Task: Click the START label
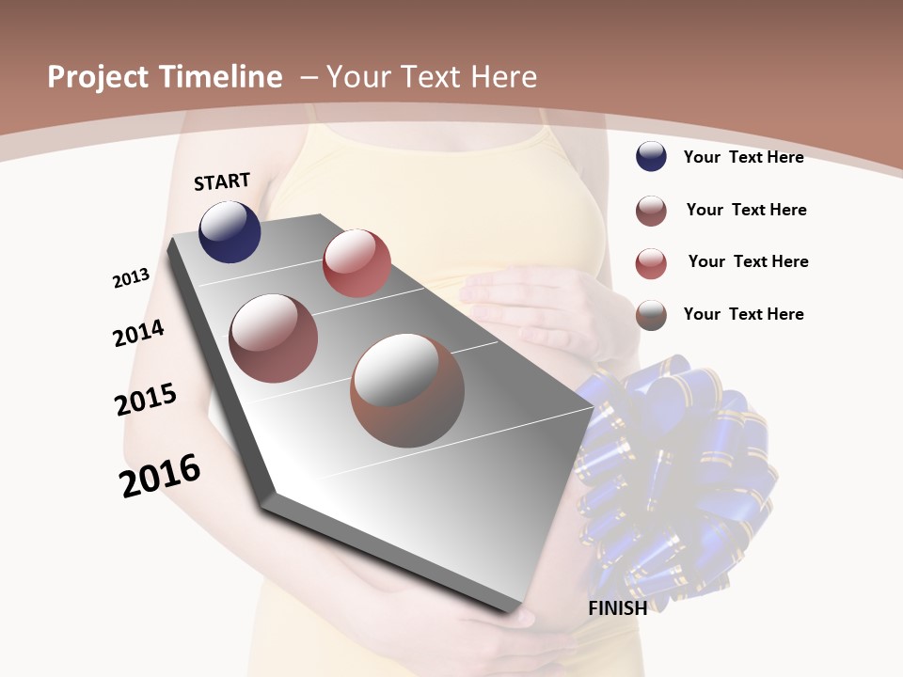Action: (222, 181)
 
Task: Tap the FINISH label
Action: (617, 608)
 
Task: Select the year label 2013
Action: (131, 278)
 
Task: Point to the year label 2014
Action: (138, 333)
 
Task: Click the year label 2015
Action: (146, 400)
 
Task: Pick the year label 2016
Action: (160, 476)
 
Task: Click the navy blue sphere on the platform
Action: (230, 232)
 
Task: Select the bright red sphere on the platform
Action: (356, 262)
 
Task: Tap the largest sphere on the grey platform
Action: (407, 390)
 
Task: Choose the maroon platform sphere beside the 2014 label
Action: (274, 338)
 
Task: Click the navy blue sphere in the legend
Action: (651, 156)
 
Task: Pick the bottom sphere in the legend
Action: (651, 314)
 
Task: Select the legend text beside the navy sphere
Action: (743, 157)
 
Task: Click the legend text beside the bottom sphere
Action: (743, 314)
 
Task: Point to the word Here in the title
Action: (503, 77)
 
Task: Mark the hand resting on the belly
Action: (536, 301)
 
